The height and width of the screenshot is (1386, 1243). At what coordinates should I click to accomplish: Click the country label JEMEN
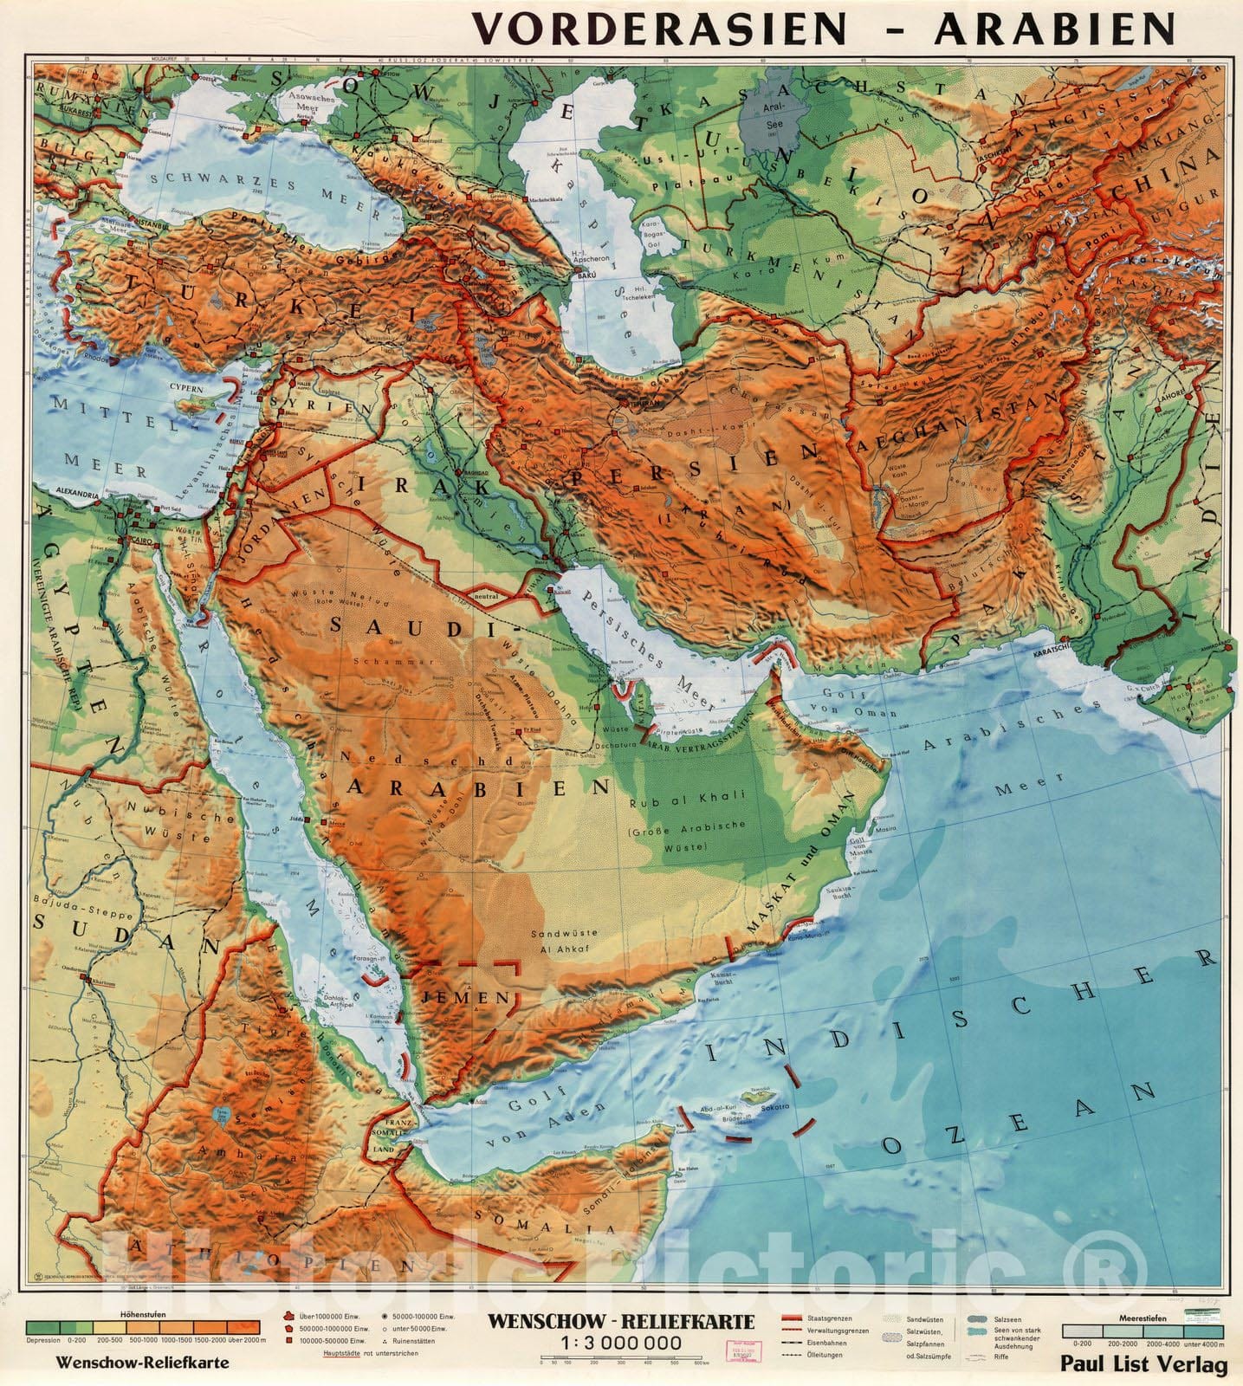tap(465, 997)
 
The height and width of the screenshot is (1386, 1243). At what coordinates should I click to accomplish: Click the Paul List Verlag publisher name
tap(1143, 1365)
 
